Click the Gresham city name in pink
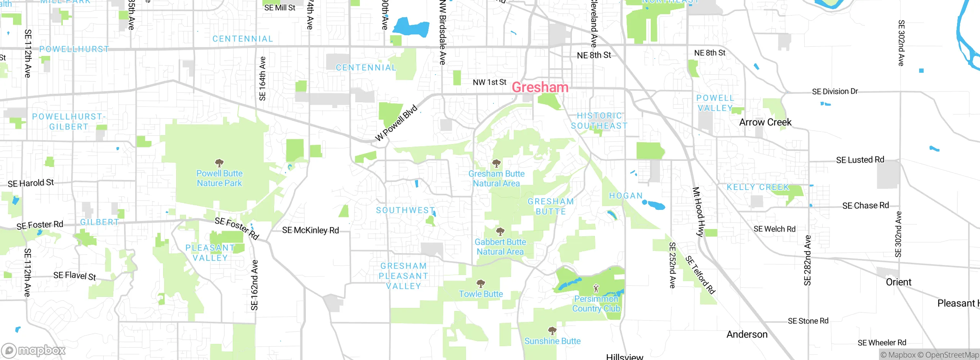tap(540, 87)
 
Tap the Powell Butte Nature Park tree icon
tap(219, 164)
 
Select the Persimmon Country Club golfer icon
tap(596, 288)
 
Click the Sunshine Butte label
tap(552, 341)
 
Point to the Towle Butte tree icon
tap(481, 284)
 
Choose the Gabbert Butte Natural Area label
tap(500, 247)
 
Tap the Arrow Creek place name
tap(765, 122)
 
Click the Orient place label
tap(898, 282)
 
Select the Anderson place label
tap(747, 334)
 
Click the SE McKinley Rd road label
tap(310, 230)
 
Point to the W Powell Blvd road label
tap(396, 123)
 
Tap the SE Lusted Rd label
tap(860, 160)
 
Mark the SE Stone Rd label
tap(808, 321)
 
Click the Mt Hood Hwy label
tap(698, 211)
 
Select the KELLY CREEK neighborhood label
tap(758, 187)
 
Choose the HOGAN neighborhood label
tap(626, 196)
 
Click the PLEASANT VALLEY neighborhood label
tap(210, 253)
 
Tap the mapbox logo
tap(34, 350)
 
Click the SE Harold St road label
tap(31, 183)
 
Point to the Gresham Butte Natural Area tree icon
tap(496, 164)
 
